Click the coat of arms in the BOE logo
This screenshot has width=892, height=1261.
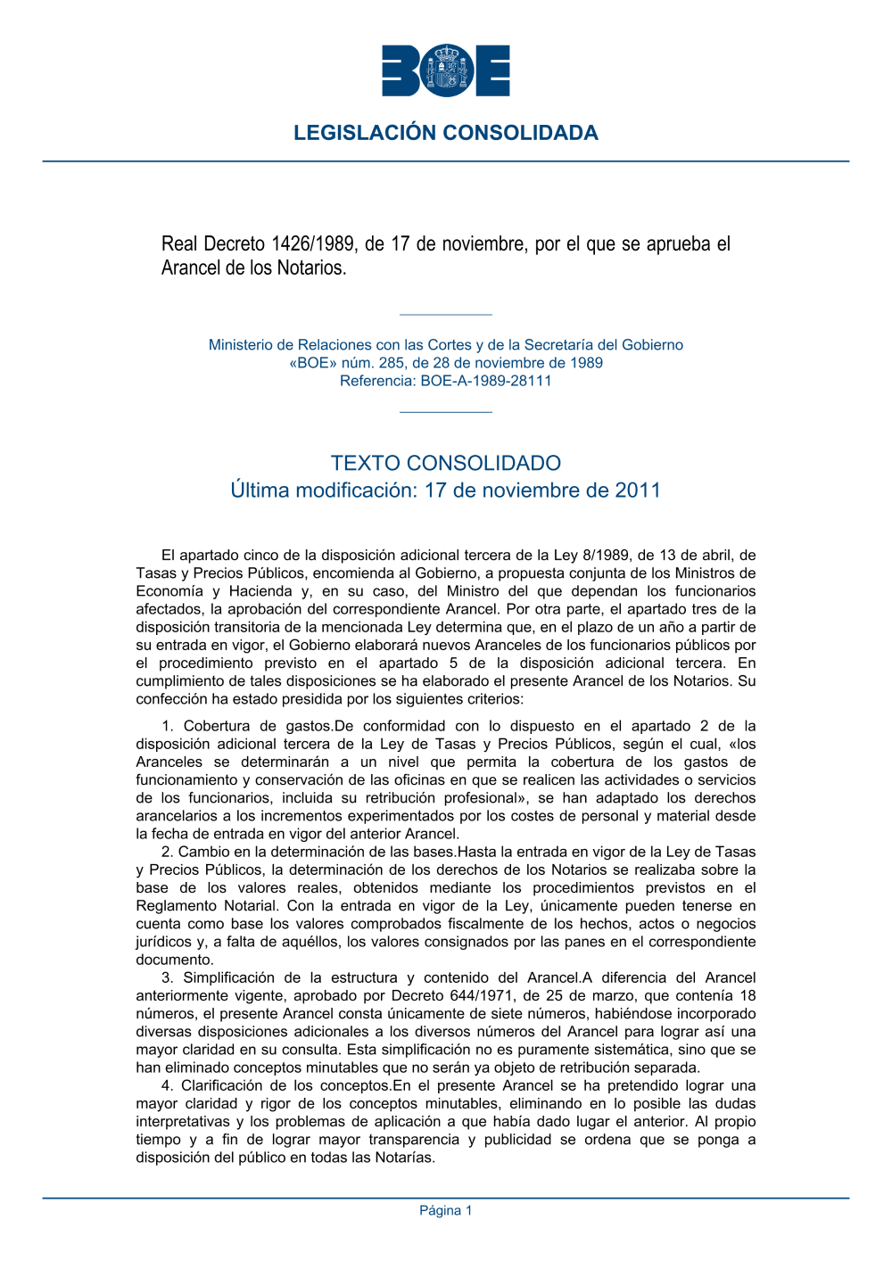[446, 70]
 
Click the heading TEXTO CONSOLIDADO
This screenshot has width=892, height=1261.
[446, 463]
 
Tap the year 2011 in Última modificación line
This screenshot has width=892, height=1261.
[637, 490]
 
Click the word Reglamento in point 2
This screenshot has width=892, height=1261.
[175, 906]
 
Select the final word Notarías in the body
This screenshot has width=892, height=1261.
[403, 1158]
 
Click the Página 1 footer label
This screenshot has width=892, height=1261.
[446, 1210]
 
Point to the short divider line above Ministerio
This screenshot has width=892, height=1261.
[446, 315]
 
